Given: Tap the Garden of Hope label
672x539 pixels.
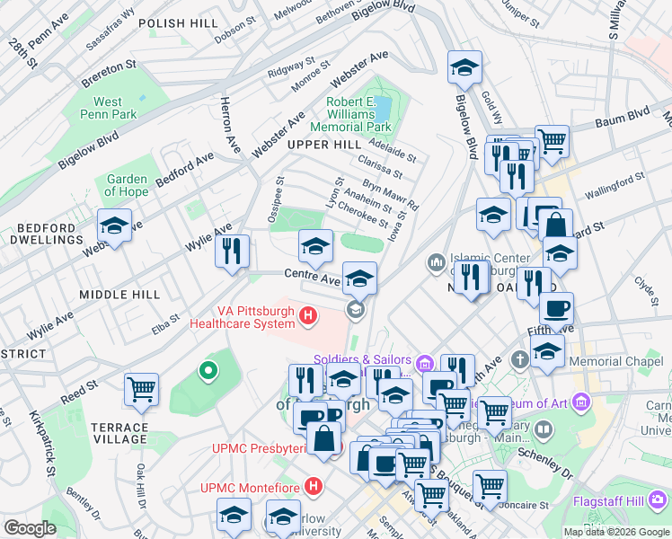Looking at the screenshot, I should coord(127,185).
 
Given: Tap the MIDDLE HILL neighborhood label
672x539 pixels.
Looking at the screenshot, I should coord(119,295).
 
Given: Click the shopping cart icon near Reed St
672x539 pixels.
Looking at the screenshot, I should coord(141,389).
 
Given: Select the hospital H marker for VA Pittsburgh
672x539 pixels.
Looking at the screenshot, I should coord(308,315).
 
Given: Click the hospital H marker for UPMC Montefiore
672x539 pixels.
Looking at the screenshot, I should coord(313,487).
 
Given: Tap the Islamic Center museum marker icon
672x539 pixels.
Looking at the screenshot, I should coord(437,262).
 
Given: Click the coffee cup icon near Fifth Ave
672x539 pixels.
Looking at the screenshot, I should coord(556,309).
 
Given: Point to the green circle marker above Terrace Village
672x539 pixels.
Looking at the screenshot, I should coord(208,369).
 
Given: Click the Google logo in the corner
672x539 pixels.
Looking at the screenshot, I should coord(30,528).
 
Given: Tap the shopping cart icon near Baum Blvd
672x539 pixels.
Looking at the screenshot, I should coord(552,140).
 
